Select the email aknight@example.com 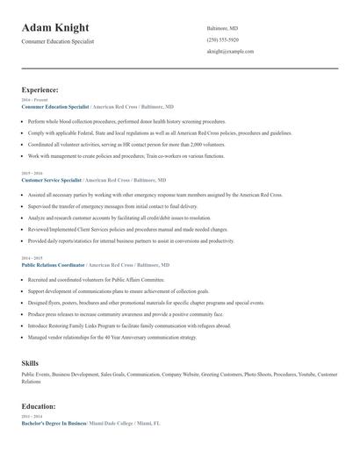(231, 52)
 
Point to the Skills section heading (30, 361)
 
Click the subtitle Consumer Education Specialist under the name (57, 41)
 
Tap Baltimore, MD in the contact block (221, 27)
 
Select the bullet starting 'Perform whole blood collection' (115, 121)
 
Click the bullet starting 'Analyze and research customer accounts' (119, 218)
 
